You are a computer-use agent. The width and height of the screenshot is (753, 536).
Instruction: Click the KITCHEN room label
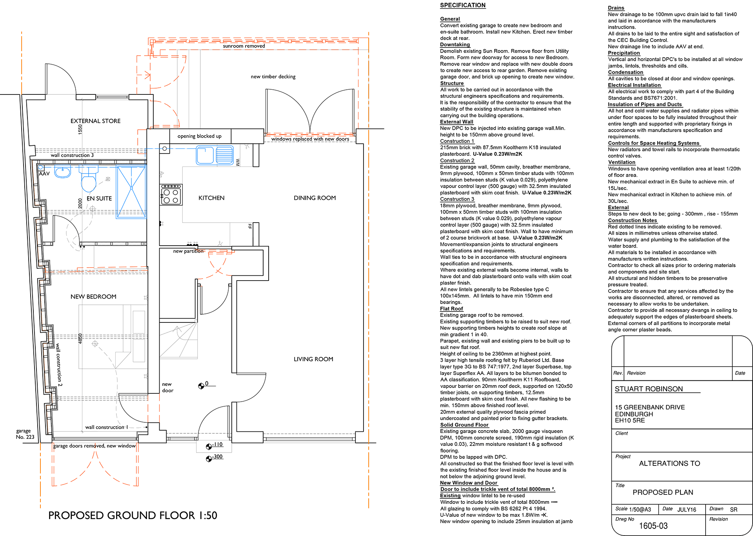click(x=211, y=198)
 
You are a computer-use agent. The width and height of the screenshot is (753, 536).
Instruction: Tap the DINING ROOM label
click(x=315, y=198)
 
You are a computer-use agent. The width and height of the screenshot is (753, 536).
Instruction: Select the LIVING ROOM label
click(x=313, y=359)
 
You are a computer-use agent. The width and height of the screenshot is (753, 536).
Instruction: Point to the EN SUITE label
click(x=99, y=199)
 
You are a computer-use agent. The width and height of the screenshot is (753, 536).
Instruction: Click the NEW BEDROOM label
click(x=93, y=297)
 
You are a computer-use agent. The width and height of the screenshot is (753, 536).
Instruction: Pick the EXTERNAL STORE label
click(x=95, y=121)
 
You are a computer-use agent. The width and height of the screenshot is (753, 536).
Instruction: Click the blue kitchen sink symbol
click(x=215, y=155)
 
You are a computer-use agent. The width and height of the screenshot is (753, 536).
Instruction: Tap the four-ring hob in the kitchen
click(x=171, y=195)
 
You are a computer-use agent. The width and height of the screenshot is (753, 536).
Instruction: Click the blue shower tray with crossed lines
click(x=131, y=192)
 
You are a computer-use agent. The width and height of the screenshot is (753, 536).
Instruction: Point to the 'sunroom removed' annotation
click(x=244, y=46)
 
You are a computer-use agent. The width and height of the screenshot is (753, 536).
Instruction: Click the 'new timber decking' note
click(x=273, y=76)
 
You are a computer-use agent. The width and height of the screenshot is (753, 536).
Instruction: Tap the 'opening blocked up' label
click(x=199, y=136)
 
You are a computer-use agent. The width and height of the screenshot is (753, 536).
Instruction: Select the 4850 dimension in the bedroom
click(x=80, y=339)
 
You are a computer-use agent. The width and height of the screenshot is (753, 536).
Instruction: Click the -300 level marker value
click(x=218, y=456)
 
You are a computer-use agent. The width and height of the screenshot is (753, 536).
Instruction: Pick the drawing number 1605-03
click(x=653, y=526)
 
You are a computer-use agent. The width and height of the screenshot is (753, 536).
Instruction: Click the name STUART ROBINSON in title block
click(x=649, y=389)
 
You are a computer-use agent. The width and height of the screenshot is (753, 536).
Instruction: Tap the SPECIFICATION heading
click(x=463, y=5)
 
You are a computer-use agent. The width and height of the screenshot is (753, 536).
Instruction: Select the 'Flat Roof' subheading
click(x=451, y=309)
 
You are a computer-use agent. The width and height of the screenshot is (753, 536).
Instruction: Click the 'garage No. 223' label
click(x=25, y=434)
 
